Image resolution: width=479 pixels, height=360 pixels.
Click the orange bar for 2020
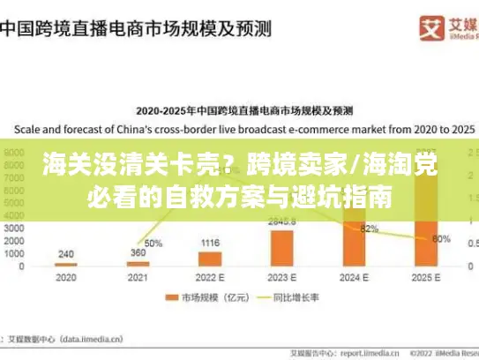coord(65,264)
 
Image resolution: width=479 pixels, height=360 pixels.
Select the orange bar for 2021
coord(138,263)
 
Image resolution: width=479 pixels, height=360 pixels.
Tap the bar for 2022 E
coord(210,259)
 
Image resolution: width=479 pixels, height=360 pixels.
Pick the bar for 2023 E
coord(282,248)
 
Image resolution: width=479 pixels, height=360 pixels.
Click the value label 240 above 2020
coord(65,254)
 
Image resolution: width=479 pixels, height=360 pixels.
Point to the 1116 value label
coord(210,243)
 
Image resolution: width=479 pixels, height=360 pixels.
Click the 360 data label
coord(138,253)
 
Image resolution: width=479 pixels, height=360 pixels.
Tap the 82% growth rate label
coord(370,229)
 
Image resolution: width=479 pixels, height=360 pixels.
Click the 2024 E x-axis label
coord(355,277)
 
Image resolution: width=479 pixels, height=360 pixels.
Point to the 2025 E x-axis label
coord(427,277)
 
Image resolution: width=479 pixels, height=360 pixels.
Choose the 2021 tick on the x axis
coord(138,277)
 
